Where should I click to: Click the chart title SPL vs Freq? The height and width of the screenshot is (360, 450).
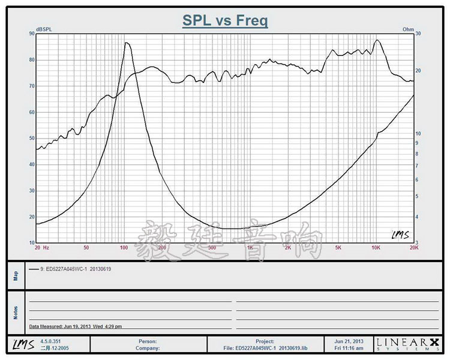[x=225, y=21]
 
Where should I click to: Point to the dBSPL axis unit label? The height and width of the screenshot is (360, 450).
[x=44, y=29]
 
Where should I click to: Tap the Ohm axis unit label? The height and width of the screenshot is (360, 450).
[x=408, y=29]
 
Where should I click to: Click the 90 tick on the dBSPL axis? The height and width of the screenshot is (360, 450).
[x=31, y=34]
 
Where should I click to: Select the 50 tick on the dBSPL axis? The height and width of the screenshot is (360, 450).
[x=31, y=138]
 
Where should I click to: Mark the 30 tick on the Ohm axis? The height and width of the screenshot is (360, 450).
[x=419, y=34]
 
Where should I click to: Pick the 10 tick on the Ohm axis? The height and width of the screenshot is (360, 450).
[x=419, y=133]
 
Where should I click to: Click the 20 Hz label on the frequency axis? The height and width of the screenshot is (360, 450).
[x=41, y=247]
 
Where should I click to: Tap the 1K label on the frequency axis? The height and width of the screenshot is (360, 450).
[x=250, y=247]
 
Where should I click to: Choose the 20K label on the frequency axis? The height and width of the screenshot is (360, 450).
[x=413, y=247]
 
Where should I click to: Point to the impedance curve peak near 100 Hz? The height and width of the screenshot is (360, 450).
[x=126, y=43]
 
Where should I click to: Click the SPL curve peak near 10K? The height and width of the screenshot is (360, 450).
[x=377, y=40]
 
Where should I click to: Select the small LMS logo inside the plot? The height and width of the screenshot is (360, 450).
[x=400, y=235]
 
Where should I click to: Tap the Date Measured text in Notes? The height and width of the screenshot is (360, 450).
[x=76, y=326]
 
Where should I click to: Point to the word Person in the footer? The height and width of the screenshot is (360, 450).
[x=147, y=341]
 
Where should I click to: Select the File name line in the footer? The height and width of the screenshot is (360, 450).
[x=265, y=347]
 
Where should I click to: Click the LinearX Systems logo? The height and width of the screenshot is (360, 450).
[x=407, y=344]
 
